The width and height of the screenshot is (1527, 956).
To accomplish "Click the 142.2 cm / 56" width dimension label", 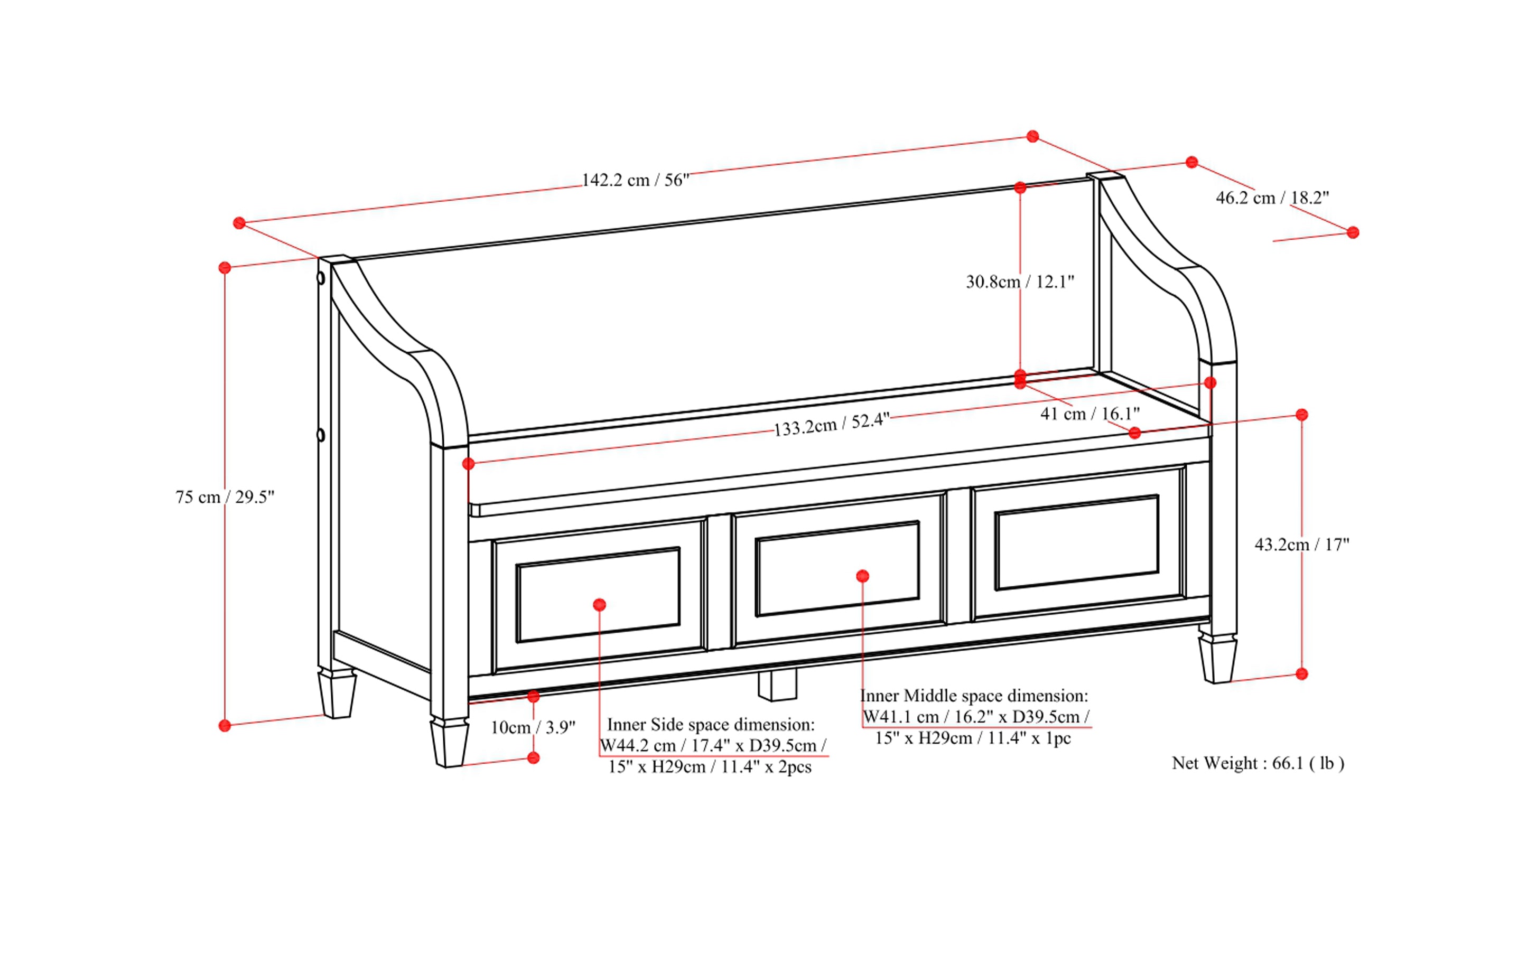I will coord(635,180).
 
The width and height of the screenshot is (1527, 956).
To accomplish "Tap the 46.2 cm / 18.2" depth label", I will coord(1272,198).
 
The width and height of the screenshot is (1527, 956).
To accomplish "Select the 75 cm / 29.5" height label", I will coord(225,497).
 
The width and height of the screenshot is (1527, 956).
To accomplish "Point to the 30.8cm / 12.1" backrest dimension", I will coord(1020,282).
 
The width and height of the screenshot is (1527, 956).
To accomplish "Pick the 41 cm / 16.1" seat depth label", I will coord(1090,414).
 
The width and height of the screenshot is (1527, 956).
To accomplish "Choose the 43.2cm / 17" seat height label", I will coord(1302,545).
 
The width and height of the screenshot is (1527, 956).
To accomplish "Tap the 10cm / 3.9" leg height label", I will coord(533,728).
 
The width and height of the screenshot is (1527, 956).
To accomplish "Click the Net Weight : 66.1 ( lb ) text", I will coord(1258,763).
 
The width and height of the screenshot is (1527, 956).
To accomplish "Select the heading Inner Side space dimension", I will coord(711,725).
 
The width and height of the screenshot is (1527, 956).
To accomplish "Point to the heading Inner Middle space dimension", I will coord(974,696).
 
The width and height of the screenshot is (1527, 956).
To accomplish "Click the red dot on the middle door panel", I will coord(862,576).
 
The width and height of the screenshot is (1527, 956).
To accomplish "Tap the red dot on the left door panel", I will coord(600,605).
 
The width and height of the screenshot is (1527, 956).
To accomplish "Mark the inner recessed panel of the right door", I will coord(1077,542).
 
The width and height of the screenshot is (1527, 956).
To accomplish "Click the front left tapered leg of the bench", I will coord(449,743).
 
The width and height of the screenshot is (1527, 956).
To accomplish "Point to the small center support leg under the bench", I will coord(777,686).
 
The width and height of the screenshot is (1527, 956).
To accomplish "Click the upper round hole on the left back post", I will coord(321,278).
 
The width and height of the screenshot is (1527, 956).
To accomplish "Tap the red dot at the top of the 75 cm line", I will coord(225,268).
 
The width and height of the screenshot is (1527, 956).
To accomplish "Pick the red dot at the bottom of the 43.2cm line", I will coord(1301,674).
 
